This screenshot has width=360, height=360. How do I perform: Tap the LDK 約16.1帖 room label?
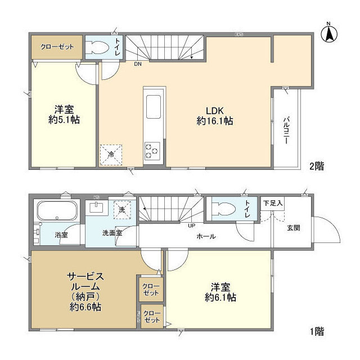215,115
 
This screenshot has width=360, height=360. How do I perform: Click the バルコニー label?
286,130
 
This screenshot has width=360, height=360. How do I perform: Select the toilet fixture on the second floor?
100,48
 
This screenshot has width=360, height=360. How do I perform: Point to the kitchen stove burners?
152,150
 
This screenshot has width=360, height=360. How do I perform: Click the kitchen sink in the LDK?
153,105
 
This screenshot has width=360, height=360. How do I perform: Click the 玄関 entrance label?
293,227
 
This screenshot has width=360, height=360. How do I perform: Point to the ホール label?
205,237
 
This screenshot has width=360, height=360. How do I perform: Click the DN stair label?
138,64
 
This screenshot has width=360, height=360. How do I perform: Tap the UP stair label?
192,226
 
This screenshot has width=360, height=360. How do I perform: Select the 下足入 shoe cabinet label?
273,202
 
